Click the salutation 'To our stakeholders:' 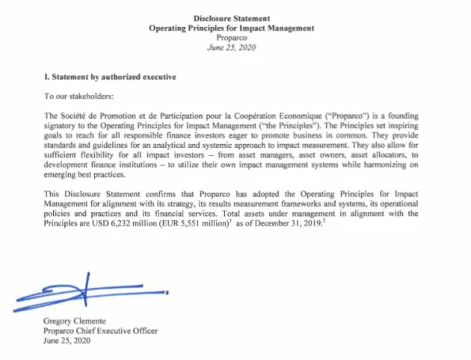point(78,96)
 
